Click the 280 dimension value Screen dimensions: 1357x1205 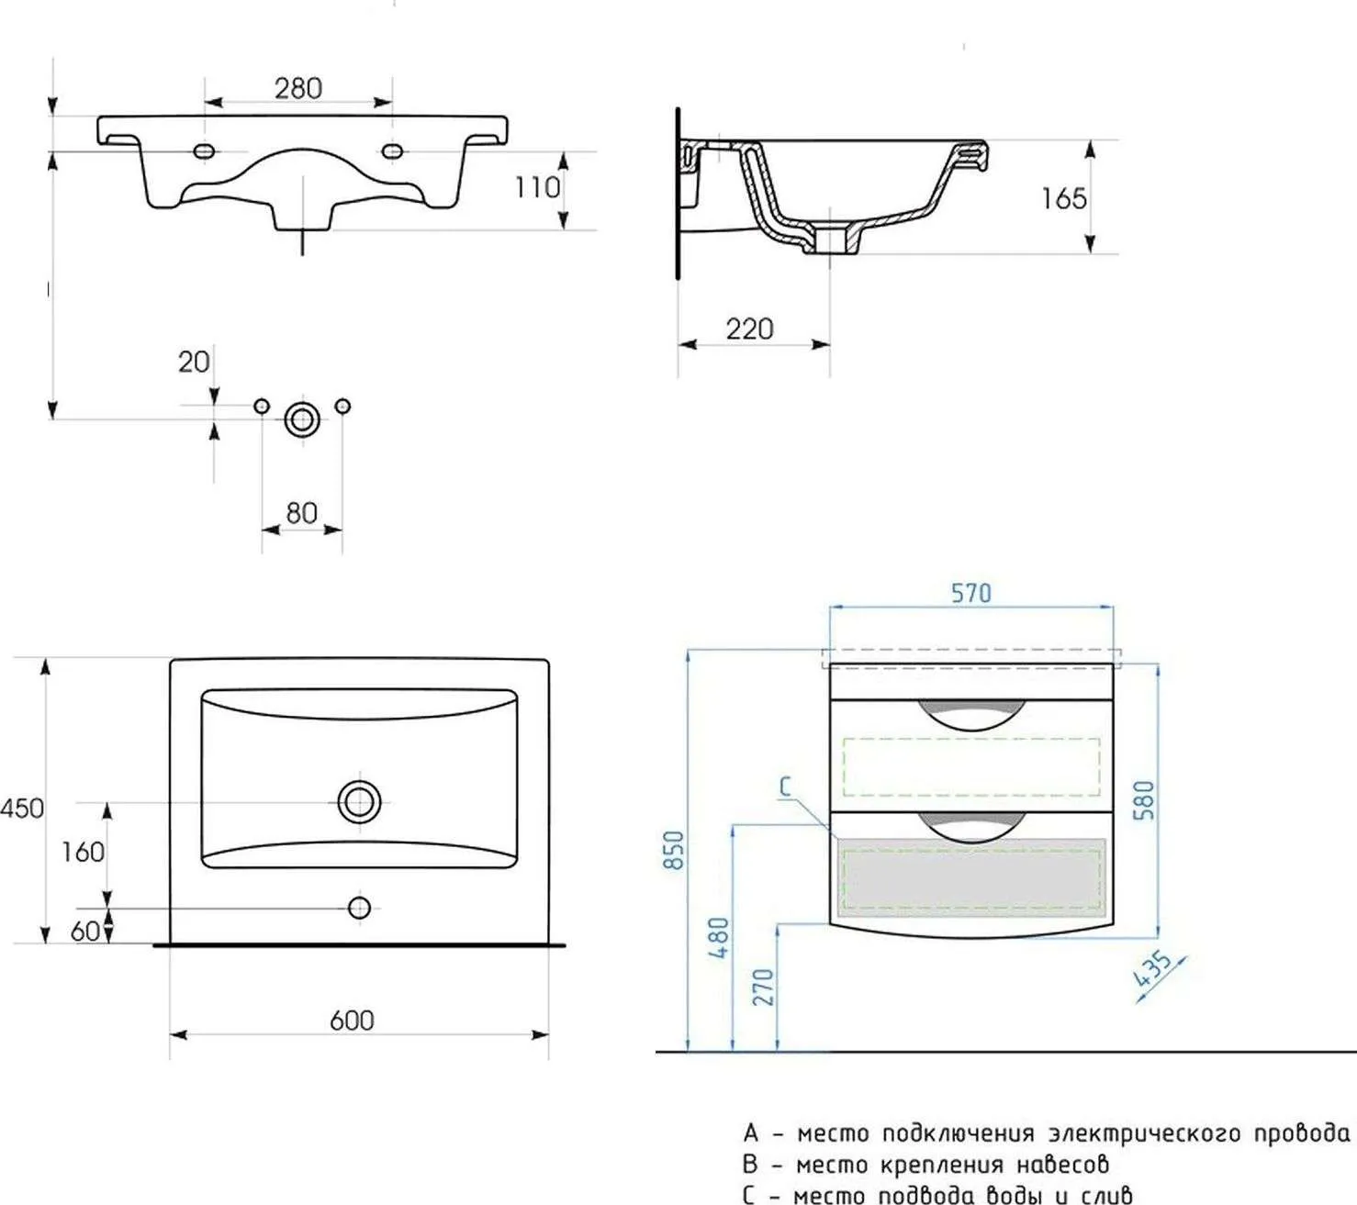[298, 88]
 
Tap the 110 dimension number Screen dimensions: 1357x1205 [537, 187]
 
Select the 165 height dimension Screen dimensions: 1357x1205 [1063, 198]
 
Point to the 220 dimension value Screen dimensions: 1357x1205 [749, 329]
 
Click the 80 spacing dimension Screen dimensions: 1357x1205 [301, 513]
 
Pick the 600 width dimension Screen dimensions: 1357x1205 [352, 1021]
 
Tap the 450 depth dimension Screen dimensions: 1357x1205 [22, 808]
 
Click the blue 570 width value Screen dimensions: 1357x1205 [971, 593]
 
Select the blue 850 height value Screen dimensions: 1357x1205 [674, 850]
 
